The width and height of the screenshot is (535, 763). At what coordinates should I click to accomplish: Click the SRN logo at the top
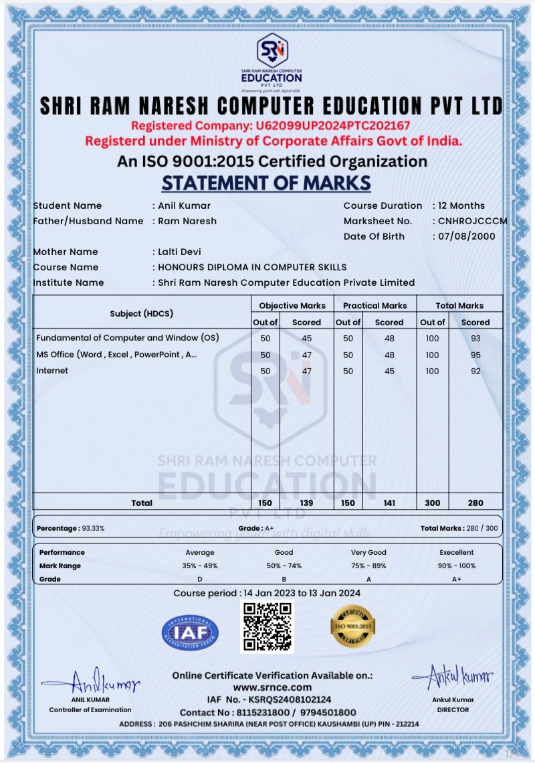(x=272, y=50)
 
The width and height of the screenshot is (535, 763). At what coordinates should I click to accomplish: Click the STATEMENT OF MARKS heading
(x=266, y=183)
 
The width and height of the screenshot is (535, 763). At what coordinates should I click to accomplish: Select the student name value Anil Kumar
(x=184, y=205)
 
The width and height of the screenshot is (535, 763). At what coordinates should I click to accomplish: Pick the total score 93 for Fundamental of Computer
(x=475, y=338)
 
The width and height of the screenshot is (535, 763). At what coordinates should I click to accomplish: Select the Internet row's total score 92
(x=475, y=371)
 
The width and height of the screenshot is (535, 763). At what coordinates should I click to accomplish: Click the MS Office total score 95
(x=475, y=355)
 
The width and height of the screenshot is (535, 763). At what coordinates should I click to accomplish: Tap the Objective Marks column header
(x=292, y=305)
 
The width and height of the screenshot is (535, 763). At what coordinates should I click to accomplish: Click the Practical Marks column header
(x=374, y=305)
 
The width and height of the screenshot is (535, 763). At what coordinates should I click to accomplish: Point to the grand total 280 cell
(x=475, y=503)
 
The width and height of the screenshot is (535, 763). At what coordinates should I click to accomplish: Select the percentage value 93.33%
(x=93, y=528)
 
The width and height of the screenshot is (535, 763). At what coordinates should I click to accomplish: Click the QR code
(x=267, y=626)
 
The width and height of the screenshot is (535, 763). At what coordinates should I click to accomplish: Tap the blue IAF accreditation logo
(x=190, y=632)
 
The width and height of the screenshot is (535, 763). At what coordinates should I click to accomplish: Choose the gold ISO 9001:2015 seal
(x=353, y=626)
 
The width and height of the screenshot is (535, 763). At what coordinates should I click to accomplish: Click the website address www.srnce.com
(x=272, y=687)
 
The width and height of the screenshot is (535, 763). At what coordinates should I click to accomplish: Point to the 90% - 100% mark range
(x=457, y=566)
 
